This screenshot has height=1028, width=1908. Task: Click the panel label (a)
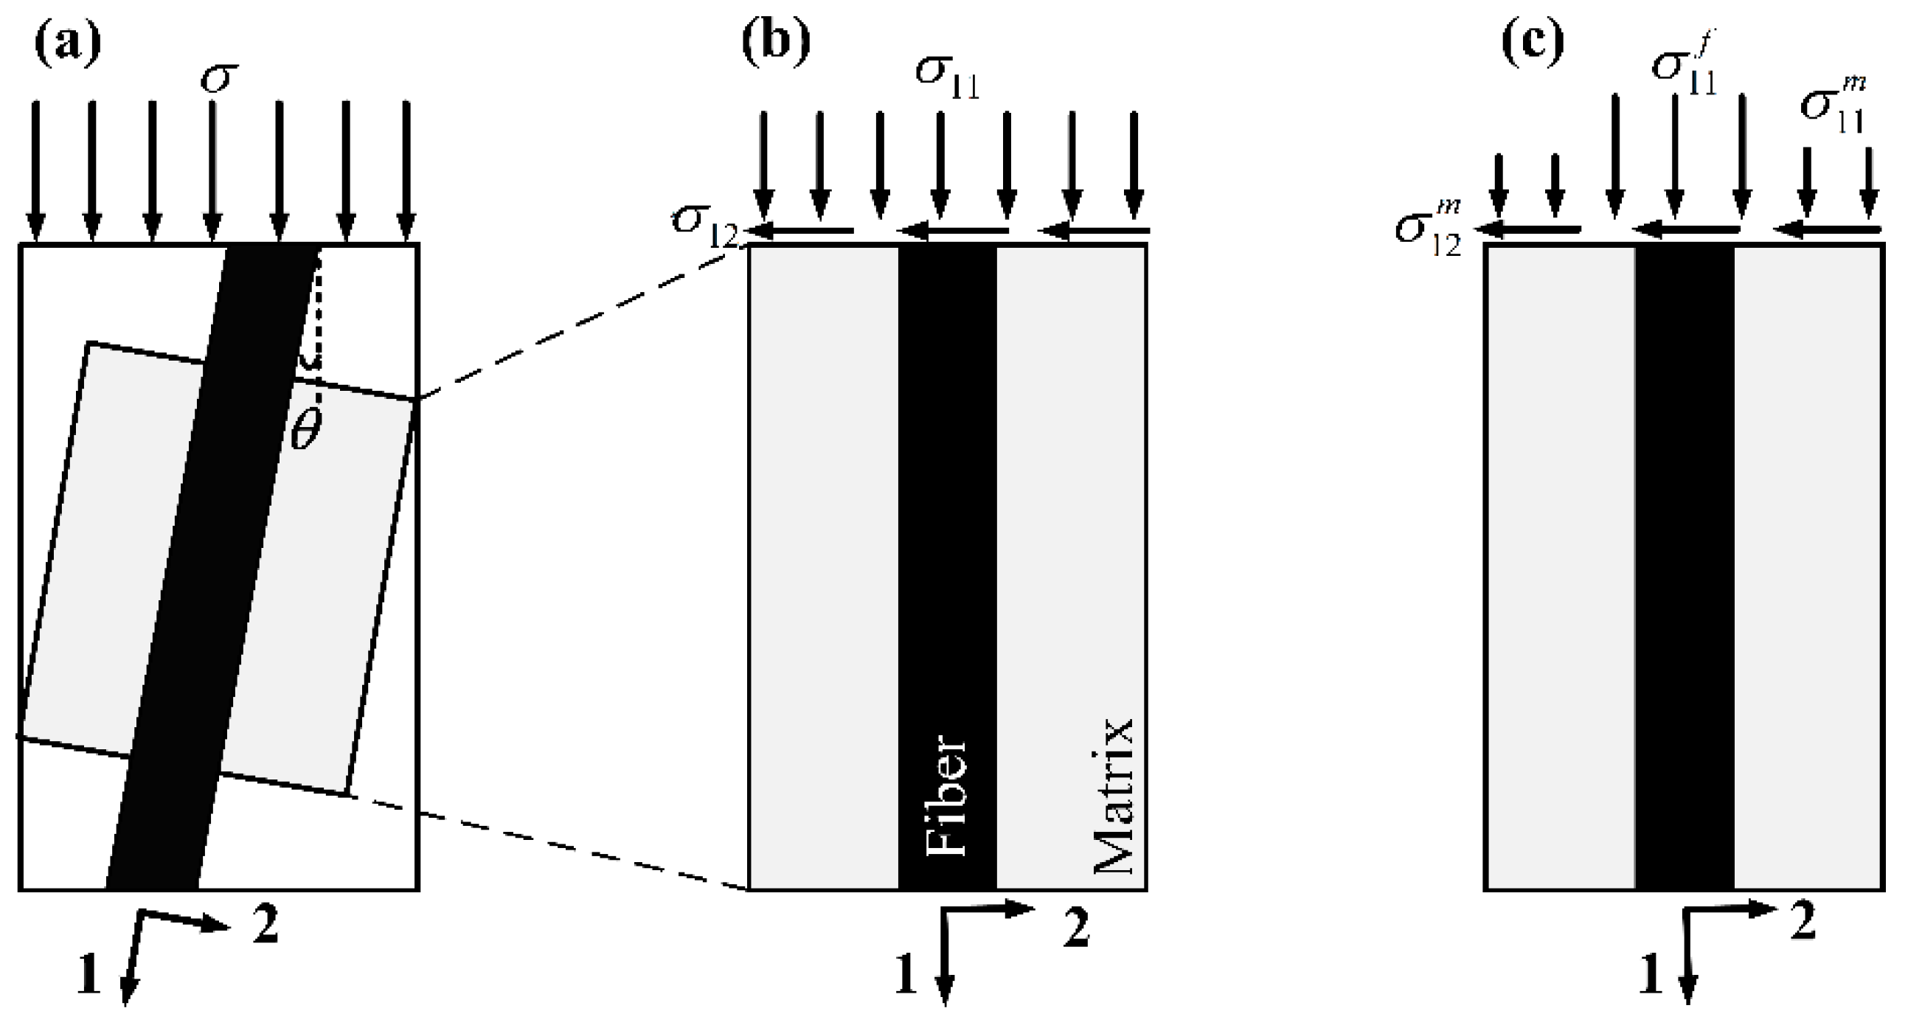pyautogui.click(x=67, y=45)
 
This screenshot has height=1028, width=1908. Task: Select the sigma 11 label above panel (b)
pyautogui.click(x=946, y=77)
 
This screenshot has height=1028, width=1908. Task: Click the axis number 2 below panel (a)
pyautogui.click(x=266, y=926)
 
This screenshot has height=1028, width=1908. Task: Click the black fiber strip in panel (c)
pyautogui.click(x=1685, y=563)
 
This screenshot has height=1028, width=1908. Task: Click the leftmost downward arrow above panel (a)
pyautogui.click(x=35, y=170)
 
